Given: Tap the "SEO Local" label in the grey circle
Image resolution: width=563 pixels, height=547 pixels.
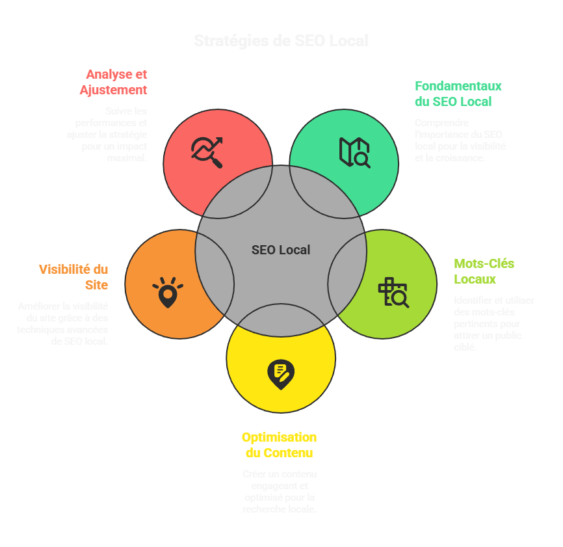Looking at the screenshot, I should (281, 250).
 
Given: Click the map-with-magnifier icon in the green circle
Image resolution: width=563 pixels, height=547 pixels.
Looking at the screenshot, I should (354, 152).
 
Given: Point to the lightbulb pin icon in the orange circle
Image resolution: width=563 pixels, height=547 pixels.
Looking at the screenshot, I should (168, 293).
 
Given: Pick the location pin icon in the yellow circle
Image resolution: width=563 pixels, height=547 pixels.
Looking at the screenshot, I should (281, 375).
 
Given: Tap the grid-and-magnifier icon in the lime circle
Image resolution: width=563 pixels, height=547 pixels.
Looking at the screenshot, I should (393, 292).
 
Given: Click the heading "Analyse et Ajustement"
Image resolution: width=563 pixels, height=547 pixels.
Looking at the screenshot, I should (114, 82).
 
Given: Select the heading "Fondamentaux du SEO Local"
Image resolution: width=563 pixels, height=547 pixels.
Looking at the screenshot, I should (458, 94).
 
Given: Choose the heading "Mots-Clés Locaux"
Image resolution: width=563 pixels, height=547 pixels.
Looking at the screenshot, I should (484, 271).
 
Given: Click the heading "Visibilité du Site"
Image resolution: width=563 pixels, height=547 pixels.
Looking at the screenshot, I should (73, 277).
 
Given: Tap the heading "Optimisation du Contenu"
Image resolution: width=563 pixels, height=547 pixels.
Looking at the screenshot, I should (279, 445).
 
